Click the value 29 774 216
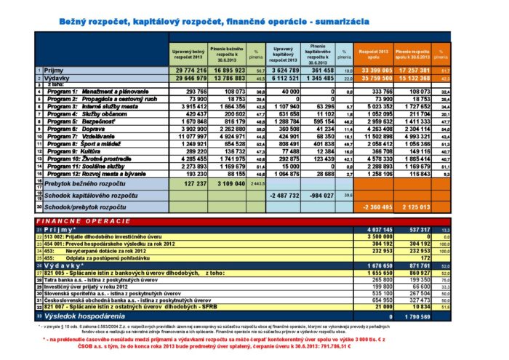188,69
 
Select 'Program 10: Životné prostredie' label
87,159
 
